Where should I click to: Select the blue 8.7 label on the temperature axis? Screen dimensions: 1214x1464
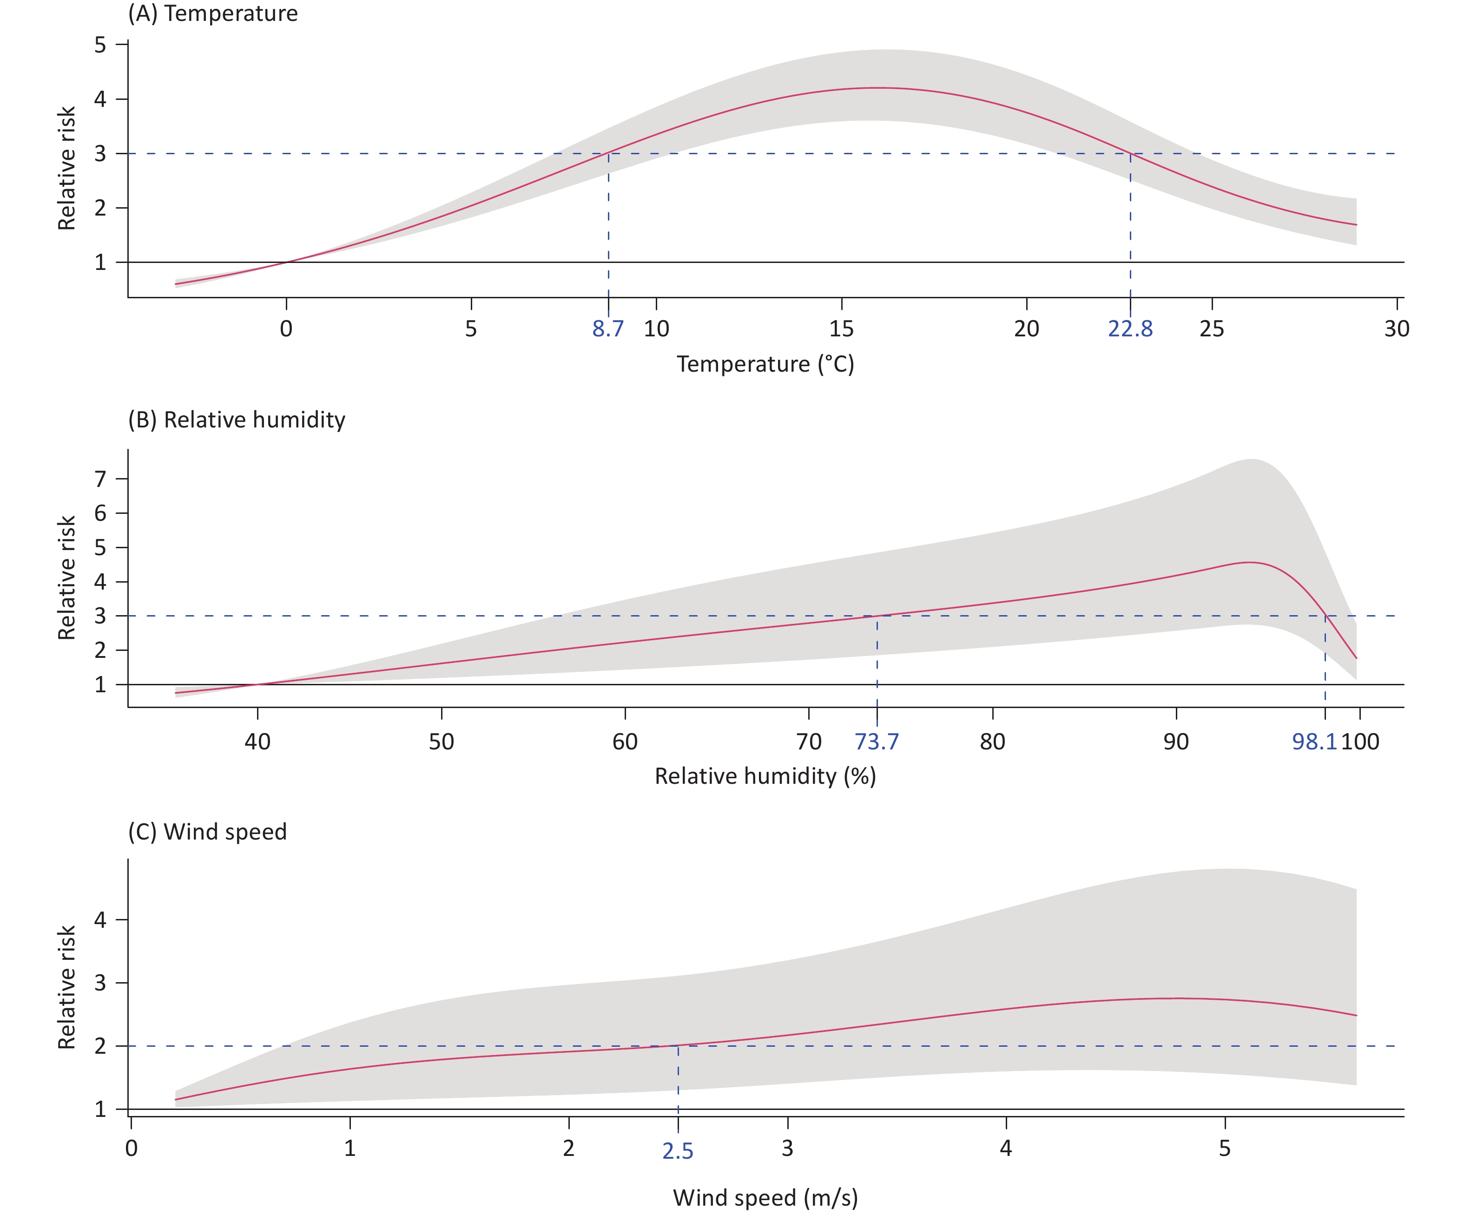(x=608, y=329)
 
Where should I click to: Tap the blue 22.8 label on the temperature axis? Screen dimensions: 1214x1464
(x=1130, y=329)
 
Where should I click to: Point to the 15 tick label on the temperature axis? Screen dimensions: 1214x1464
(x=841, y=329)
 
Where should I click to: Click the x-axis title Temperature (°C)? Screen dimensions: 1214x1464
(x=765, y=364)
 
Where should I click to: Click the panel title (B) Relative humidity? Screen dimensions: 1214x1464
(x=236, y=420)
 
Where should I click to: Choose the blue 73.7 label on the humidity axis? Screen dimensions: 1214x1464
(x=877, y=742)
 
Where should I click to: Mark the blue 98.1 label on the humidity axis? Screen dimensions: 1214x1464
(x=1314, y=742)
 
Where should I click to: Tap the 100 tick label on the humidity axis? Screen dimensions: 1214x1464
(x=1360, y=742)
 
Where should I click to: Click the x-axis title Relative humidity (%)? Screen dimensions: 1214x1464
(x=765, y=776)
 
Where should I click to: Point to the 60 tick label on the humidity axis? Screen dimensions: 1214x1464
(x=625, y=742)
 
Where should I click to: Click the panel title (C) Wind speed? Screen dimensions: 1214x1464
(x=207, y=832)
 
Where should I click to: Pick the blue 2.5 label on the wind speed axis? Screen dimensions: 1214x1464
(x=678, y=1151)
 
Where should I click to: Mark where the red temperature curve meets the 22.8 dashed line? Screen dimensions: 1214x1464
(x=1130, y=153)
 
